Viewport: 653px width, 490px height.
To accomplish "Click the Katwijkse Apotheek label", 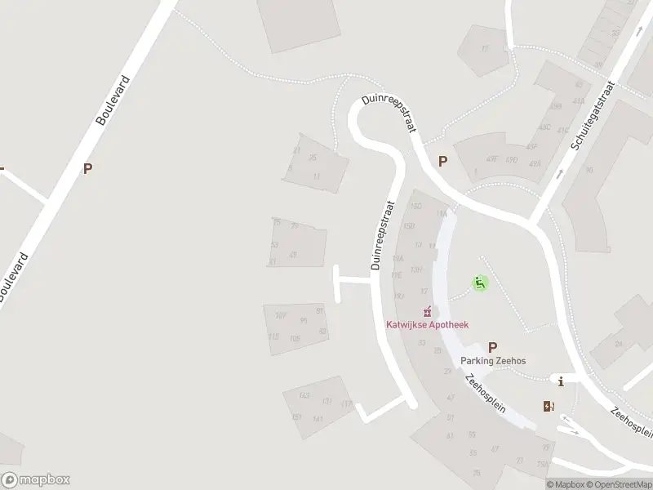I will coord(427,324).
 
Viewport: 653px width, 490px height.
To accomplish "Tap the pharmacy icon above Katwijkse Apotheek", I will coord(426,311).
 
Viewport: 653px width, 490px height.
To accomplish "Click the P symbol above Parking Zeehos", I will coord(493,346).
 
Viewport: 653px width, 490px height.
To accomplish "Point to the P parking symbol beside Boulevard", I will coord(87,169).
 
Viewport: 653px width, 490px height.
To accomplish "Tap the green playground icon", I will coord(480,283).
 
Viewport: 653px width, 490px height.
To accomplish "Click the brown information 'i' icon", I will coord(561,381).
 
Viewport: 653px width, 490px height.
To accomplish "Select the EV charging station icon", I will coord(548,406).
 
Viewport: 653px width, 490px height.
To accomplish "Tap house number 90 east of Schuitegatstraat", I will coord(589,171).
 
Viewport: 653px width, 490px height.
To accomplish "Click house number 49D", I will coord(512,159).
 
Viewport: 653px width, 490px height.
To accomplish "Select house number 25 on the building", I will coord(312,157).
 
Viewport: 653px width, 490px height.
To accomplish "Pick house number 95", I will coord(304,320).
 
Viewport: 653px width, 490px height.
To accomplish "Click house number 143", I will coord(304,395).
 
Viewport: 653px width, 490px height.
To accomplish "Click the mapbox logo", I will coord(35,480).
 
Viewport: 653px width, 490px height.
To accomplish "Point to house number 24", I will coord(619,344).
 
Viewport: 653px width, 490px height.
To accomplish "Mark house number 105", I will coord(295,338).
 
